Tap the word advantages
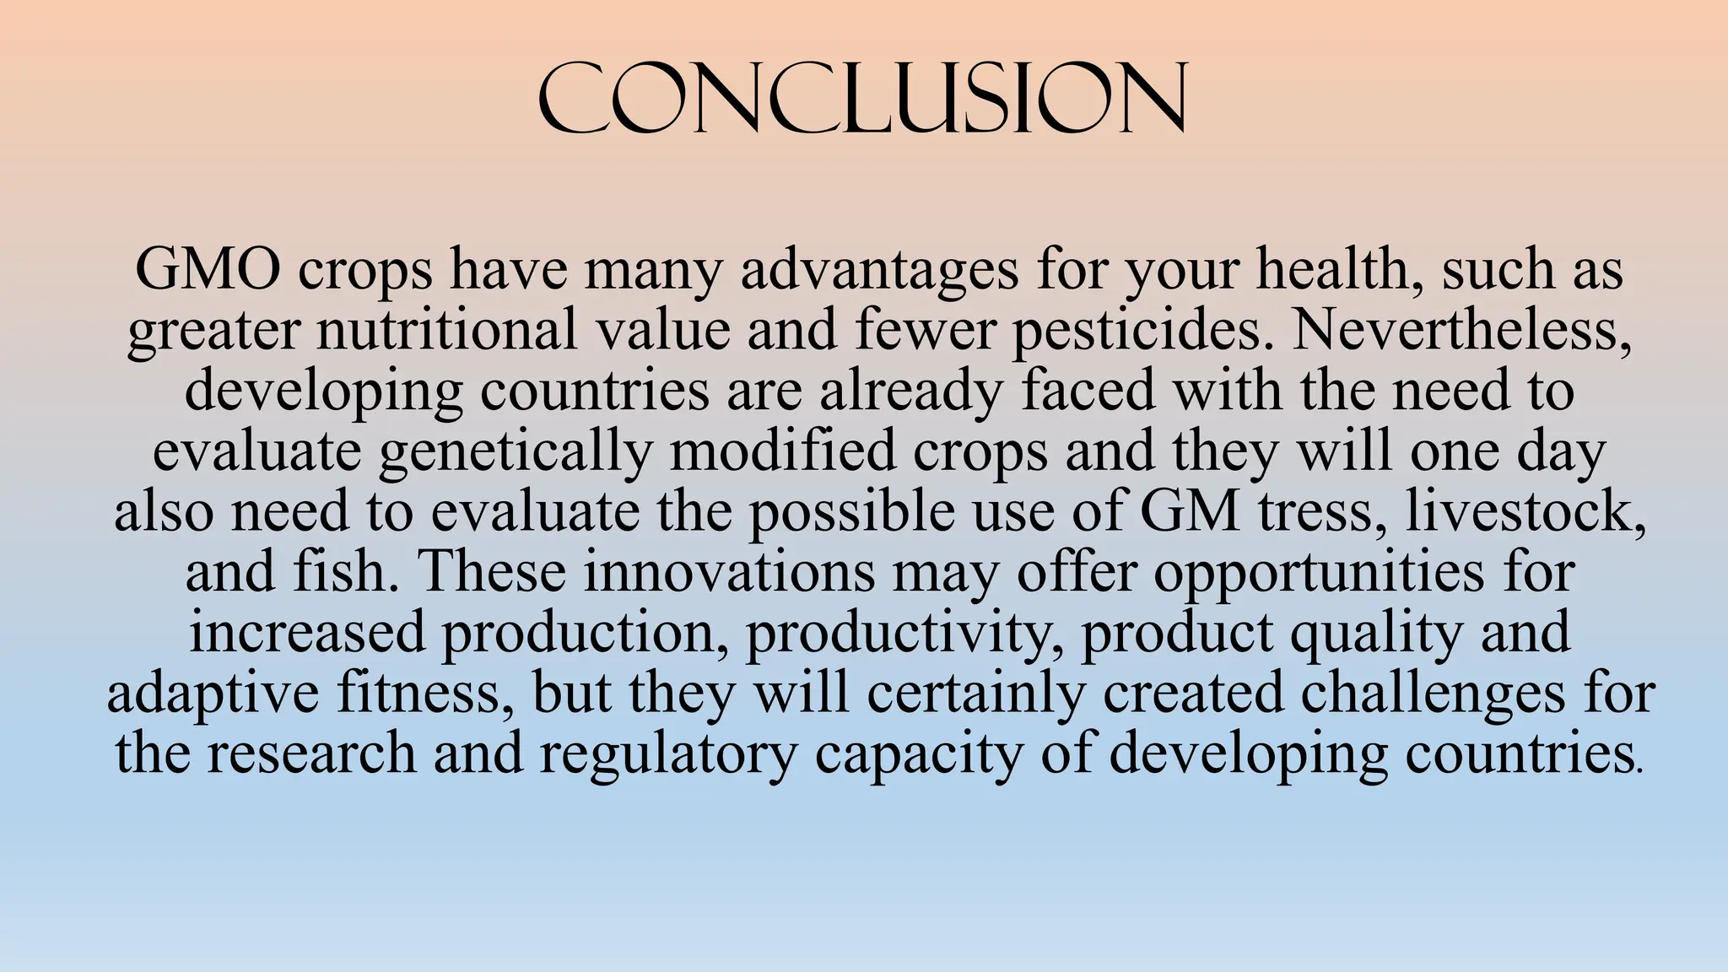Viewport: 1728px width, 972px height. coord(879,272)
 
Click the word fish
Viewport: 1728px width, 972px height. coord(340,572)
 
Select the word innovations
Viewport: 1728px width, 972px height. coord(728,572)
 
